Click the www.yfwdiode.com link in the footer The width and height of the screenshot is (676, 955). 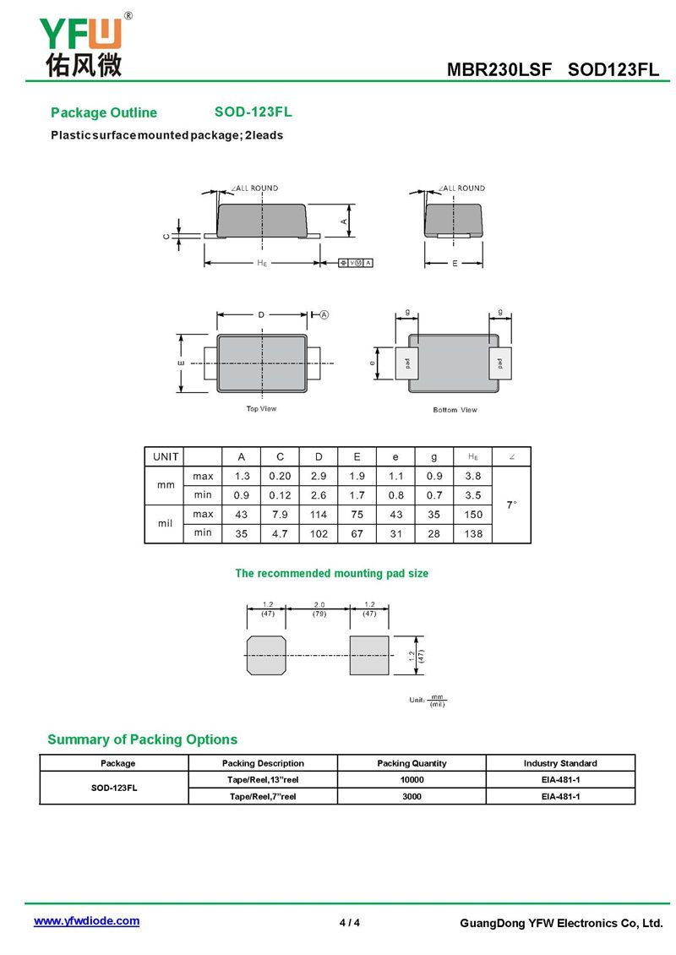point(86,921)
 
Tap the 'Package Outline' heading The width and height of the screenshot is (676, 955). point(104,113)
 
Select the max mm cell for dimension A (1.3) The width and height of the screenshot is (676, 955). point(242,477)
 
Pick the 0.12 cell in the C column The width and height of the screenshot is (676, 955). point(281,495)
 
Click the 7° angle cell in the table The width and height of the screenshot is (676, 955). point(511,505)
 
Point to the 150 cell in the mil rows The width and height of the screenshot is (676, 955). point(473,514)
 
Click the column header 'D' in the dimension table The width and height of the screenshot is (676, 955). point(319,457)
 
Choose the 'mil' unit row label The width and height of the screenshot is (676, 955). point(165,523)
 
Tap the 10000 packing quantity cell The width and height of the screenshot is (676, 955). point(412,779)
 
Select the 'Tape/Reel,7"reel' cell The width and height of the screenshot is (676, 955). point(262,796)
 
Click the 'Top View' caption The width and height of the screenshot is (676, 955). point(261,409)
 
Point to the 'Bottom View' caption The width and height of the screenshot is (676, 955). point(455,410)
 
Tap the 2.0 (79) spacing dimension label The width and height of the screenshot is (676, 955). point(319,609)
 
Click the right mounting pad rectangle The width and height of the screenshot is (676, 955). point(369,655)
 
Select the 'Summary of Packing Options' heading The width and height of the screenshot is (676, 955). point(142,739)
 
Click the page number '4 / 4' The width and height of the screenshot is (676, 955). point(349,922)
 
